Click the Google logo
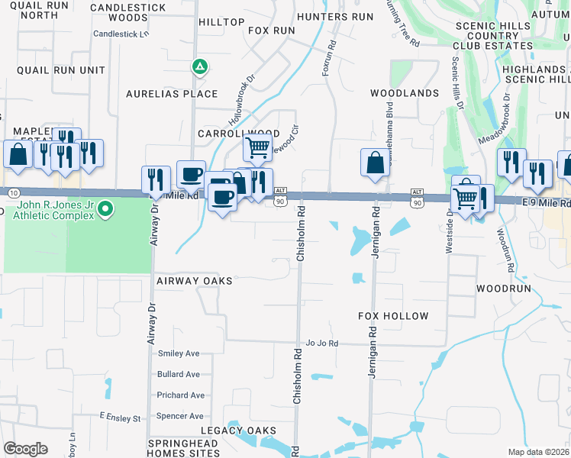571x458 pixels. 25,449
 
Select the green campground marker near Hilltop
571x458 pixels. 199,67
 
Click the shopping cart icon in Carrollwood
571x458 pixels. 258,147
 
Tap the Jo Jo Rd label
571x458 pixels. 321,343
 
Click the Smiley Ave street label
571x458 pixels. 178,353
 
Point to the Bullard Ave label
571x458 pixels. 178,375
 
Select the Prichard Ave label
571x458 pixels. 180,395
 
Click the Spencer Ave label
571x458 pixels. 179,416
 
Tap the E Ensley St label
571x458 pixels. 120,418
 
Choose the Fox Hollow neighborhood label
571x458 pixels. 393,316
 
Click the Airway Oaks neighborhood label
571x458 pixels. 194,281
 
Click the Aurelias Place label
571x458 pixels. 172,94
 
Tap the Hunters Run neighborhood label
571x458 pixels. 335,17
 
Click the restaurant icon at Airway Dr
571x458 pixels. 156,179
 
